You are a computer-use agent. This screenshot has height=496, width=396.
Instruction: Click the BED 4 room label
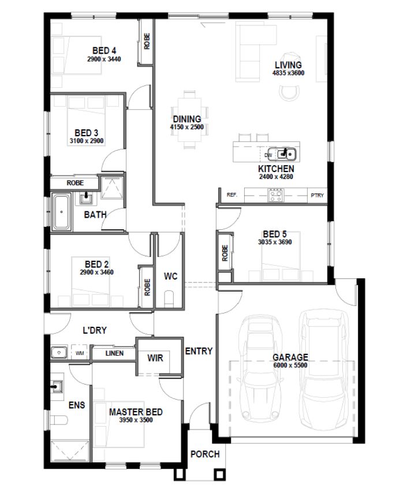tap(104, 50)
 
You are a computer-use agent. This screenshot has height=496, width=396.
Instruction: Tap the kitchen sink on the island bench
tap(286, 154)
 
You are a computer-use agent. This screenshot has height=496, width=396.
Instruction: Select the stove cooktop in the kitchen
tap(275, 195)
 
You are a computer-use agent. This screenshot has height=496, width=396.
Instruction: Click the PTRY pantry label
tap(317, 195)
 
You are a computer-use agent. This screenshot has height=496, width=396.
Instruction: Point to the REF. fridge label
tap(232, 195)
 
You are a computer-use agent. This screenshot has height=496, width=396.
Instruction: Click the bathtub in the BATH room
tap(61, 211)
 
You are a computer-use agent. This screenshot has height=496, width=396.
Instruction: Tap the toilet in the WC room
tap(169, 299)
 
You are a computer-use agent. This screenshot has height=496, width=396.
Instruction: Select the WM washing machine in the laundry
tap(80, 353)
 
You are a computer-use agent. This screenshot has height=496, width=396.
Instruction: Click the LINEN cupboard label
tap(114, 353)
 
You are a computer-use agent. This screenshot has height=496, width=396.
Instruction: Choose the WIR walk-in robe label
tap(155, 358)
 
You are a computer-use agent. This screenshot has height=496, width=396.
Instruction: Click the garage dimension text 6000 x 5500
tap(290, 365)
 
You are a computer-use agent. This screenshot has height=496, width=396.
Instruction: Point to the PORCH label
tap(205, 454)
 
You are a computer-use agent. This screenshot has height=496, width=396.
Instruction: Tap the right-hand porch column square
tap(220, 474)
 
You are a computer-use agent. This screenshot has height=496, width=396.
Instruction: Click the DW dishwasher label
tap(268, 155)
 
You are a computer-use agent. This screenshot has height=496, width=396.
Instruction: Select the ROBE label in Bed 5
tap(225, 253)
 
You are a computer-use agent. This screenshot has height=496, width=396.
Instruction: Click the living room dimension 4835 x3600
tap(289, 73)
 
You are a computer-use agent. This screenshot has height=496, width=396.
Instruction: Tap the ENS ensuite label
tap(77, 405)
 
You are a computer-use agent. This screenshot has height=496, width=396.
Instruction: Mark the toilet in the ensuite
tap(59, 420)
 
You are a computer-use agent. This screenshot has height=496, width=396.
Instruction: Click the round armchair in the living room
tap(289, 94)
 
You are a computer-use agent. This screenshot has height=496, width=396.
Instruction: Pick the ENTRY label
tap(199, 351)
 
